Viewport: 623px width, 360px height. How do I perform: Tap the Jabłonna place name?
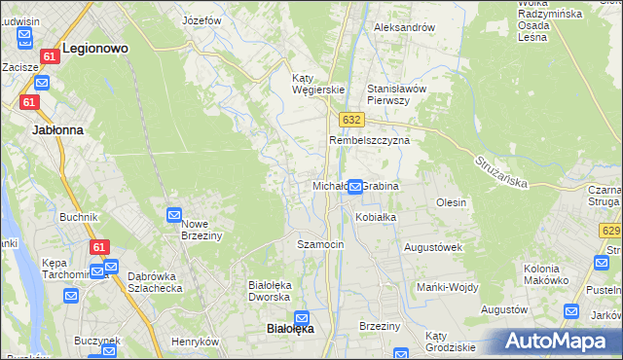(57, 128)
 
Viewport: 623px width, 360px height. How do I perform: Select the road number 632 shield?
(352, 119)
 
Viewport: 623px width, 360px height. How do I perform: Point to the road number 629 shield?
(611, 231)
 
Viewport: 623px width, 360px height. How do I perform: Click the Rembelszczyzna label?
(369, 140)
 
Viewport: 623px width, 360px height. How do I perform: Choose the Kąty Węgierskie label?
(319, 84)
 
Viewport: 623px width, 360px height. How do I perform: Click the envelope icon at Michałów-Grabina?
(356, 186)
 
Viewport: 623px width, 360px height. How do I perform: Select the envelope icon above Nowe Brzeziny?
(174, 215)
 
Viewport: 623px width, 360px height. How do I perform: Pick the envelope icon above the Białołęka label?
(302, 317)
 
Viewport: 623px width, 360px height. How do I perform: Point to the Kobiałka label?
(375, 217)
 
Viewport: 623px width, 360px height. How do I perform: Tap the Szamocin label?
(320, 244)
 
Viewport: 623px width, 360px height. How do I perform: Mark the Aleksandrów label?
(405, 27)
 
